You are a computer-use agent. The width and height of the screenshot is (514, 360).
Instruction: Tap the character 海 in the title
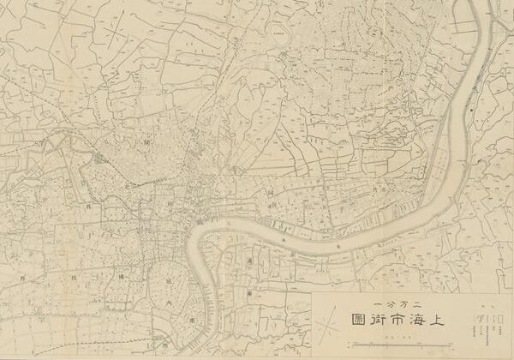420,321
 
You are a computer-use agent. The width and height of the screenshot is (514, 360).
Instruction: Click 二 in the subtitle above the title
419,305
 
